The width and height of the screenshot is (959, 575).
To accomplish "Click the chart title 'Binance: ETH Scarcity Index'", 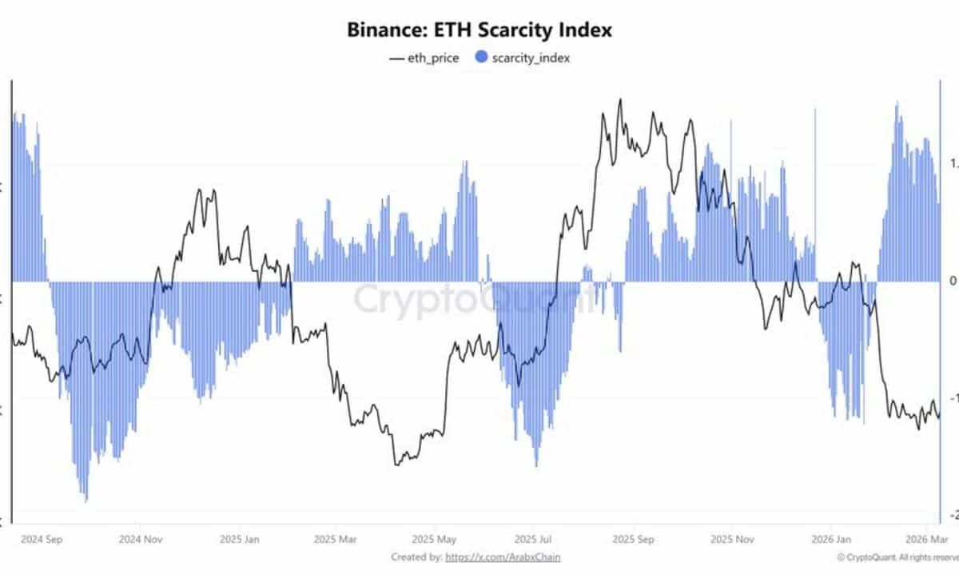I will pos(479,30).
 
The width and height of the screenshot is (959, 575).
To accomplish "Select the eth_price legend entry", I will pos(424,58).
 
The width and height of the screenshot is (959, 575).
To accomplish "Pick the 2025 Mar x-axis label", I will pos(336,538).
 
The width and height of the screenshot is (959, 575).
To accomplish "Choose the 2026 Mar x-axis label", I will pos(929,538).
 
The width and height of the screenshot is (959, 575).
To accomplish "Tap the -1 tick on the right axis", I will pos(952,398).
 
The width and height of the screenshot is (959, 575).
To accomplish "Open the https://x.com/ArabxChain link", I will pos(503,557).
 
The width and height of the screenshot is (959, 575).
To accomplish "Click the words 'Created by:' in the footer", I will pos(416,557).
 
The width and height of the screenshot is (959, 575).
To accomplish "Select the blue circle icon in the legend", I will pos(481,58).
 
